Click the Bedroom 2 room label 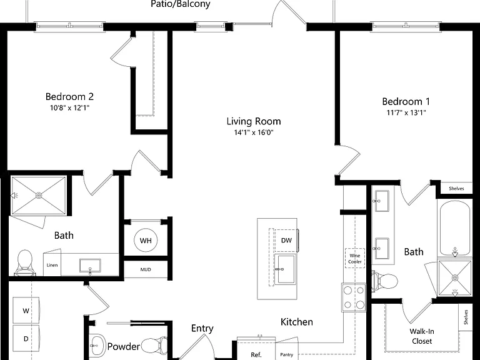pos(69,97)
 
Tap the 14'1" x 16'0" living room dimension pos(254,132)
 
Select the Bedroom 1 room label pos(406,101)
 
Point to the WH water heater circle pos(146,240)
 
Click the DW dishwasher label pos(286,241)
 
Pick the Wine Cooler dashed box pos(355,258)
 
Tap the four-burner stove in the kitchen pos(354,297)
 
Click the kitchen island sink pos(285,269)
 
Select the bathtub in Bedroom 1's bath pos(455,228)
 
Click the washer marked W pos(26,311)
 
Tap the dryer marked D pos(26,339)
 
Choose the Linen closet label pos(52,265)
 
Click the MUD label pos(146,270)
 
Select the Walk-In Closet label pos(422,336)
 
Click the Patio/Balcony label pos(181,4)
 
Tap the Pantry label pos(286,354)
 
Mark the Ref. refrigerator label pos(256,355)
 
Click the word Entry pos(202,329)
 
